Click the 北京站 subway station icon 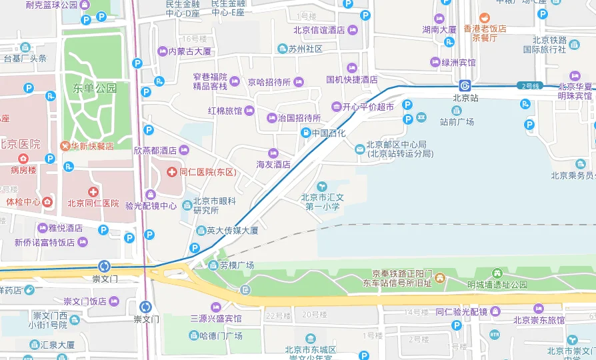pyautogui.click(x=465, y=86)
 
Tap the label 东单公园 pyautogui.click(x=95, y=88)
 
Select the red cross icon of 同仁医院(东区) pyautogui.click(x=172, y=172)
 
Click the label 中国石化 pyautogui.click(x=329, y=133)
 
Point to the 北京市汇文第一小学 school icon pyautogui.click(x=323, y=186)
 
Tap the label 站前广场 pyautogui.click(x=457, y=122)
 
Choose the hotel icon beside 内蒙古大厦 pyautogui.click(x=162, y=51)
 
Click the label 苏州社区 pyautogui.click(x=305, y=49)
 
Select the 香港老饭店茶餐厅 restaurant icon pyautogui.click(x=485, y=18)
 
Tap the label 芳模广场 pyautogui.click(x=237, y=265)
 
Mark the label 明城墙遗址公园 pyautogui.click(x=497, y=285)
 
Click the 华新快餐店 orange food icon pyautogui.click(x=65, y=145)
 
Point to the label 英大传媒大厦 pyautogui.click(x=232, y=231)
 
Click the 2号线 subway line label pyautogui.click(x=530, y=86)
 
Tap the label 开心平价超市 pyautogui.click(x=368, y=107)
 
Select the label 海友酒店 pyautogui.click(x=273, y=164)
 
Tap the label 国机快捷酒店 pyautogui.click(x=352, y=79)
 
